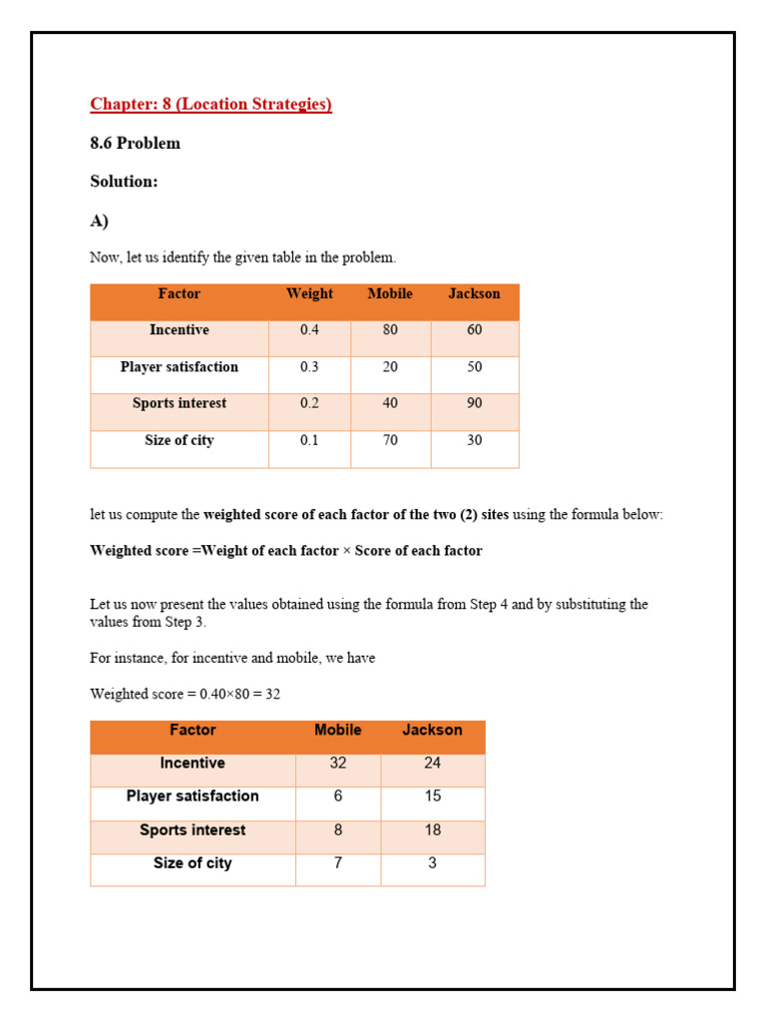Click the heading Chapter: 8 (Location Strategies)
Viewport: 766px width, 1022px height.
click(x=210, y=104)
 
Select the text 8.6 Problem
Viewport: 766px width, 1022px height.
click(x=135, y=143)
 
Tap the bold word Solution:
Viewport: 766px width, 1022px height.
click(x=124, y=182)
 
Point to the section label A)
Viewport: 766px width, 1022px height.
click(x=99, y=221)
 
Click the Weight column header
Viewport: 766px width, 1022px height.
click(x=309, y=294)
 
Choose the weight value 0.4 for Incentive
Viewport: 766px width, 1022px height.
click(x=309, y=330)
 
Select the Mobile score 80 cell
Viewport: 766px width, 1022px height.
click(x=390, y=330)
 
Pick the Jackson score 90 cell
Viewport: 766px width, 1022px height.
click(x=474, y=403)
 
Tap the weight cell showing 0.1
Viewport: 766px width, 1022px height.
click(x=309, y=440)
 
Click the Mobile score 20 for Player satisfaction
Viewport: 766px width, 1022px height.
click(x=390, y=367)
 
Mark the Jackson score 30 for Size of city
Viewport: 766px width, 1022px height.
click(x=474, y=440)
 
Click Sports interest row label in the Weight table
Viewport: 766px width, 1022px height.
click(x=180, y=403)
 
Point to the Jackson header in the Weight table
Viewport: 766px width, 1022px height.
click(x=474, y=294)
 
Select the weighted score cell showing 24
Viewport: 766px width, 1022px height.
click(x=432, y=764)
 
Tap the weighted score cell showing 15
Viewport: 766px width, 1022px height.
click(x=432, y=796)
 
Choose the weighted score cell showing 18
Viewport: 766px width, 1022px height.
click(x=432, y=830)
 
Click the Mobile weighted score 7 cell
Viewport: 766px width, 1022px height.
click(x=338, y=863)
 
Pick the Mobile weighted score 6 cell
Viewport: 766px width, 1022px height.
click(x=338, y=796)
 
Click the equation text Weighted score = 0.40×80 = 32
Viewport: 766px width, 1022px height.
click(x=185, y=694)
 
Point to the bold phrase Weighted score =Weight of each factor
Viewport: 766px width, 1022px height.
click(x=214, y=551)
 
